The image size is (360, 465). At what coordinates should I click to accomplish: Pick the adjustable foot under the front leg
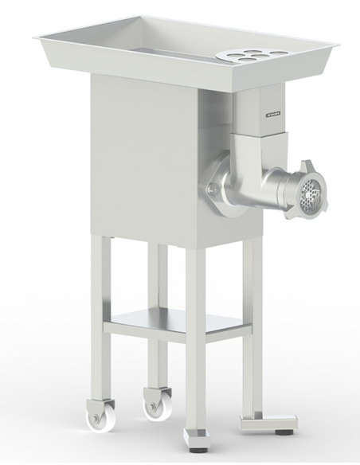194,436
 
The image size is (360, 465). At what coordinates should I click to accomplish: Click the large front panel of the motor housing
143,159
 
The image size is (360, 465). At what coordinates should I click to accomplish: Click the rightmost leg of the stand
252,326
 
